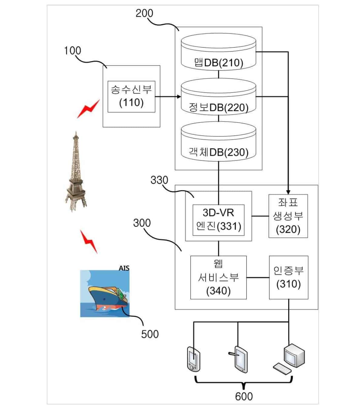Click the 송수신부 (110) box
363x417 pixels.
point(131,96)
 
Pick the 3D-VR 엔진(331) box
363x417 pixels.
point(218,220)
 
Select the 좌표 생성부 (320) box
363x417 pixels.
point(288,216)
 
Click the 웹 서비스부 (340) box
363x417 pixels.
point(218,277)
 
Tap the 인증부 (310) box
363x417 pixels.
point(289,277)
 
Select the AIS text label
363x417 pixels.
point(124,268)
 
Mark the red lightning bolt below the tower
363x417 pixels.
point(89,241)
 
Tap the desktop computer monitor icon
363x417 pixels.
point(294,355)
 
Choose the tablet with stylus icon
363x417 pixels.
point(240,359)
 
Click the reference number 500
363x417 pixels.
point(150,334)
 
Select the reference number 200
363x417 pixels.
point(144,13)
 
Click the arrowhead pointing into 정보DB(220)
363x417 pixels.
point(179,97)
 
